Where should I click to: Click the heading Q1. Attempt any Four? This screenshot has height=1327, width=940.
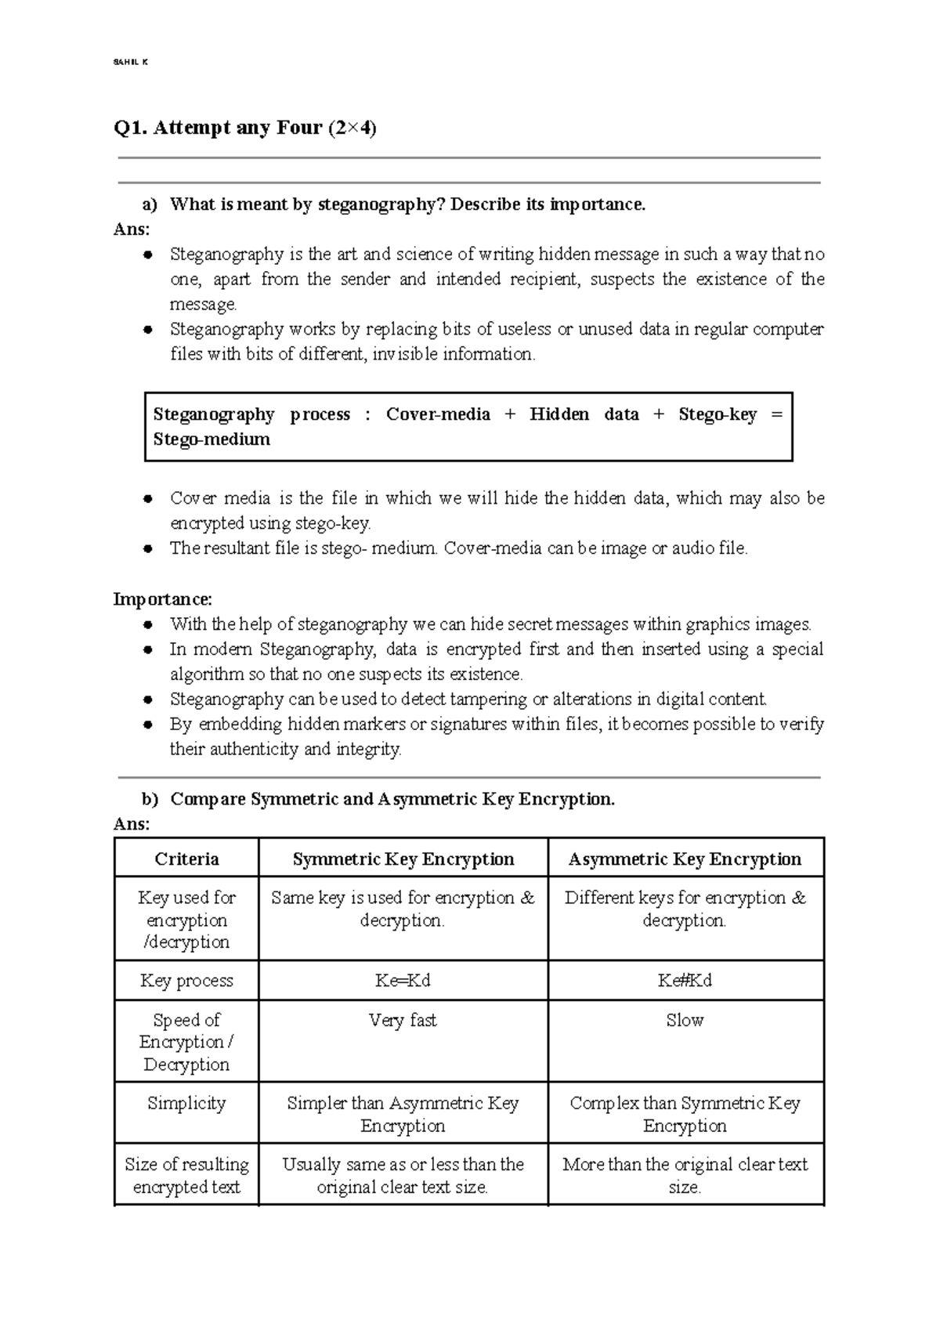pos(244,128)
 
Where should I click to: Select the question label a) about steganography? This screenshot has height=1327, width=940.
pos(150,205)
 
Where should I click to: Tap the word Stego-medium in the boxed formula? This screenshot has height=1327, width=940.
pos(211,439)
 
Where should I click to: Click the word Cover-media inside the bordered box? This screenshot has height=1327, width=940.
pos(438,414)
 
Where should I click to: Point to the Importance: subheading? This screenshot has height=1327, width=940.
pos(162,599)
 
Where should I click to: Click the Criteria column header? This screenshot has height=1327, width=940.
pos(186,859)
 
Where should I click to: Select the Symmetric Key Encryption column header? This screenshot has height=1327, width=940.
pos(403,859)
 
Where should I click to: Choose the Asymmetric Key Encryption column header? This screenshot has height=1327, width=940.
pos(685,859)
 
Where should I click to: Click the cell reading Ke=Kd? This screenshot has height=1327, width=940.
pos(403,981)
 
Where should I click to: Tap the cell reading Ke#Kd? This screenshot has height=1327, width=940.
pos(685,981)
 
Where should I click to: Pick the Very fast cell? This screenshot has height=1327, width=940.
pos(403,1020)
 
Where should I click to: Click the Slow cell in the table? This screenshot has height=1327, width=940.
pos(685,1020)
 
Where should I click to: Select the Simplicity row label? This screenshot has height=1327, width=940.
pos(186,1103)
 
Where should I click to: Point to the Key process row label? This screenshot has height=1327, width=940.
pos(186,981)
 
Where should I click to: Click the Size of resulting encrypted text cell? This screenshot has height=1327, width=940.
pos(186,1175)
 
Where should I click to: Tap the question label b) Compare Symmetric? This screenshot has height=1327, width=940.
pos(150,800)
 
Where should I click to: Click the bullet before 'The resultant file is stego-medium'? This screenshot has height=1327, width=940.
pos(147,549)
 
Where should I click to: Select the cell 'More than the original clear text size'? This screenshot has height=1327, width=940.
pos(685,1175)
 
